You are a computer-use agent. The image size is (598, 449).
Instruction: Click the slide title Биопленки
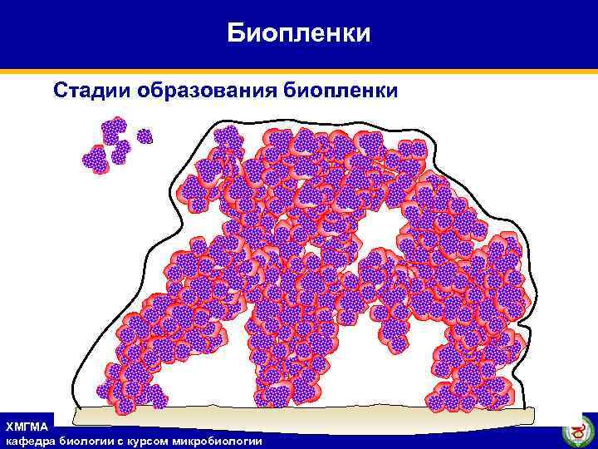(299, 33)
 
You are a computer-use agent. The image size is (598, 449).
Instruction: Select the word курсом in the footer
(146, 441)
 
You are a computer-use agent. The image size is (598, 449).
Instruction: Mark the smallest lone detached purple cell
(145, 136)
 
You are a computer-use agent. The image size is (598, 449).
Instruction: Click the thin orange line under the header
(299, 71)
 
